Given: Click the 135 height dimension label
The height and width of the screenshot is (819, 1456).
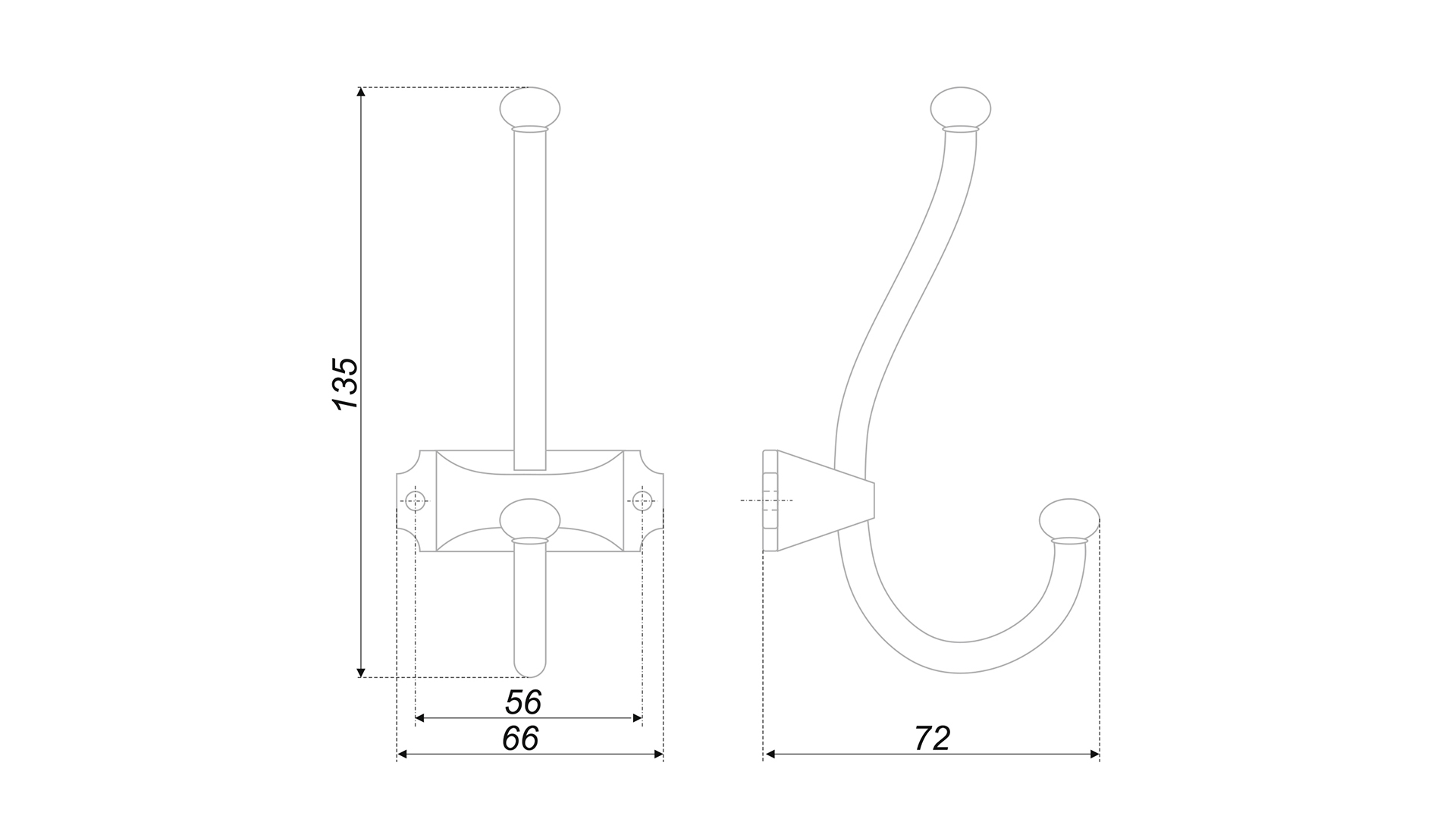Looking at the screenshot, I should click(346, 383).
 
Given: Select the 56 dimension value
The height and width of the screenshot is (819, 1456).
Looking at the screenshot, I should click(523, 703).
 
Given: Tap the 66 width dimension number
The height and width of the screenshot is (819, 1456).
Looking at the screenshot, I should click(521, 739).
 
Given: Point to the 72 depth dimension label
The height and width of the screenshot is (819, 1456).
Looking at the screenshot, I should click(932, 739).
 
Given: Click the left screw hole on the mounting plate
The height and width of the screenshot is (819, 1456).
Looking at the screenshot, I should click(415, 500).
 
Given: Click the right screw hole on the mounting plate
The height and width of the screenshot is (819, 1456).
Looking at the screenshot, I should click(642, 500).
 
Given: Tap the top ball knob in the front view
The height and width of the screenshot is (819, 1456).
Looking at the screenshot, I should click(529, 108).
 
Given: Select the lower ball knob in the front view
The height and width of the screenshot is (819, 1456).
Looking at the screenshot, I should click(529, 519).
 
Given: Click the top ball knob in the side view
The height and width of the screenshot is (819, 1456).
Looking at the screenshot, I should click(960, 108).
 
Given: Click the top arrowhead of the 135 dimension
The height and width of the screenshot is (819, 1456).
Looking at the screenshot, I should click(361, 92).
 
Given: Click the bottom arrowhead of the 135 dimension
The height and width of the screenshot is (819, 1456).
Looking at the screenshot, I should click(361, 673).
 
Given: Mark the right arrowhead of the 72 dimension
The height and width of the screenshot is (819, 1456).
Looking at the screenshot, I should click(1095, 754).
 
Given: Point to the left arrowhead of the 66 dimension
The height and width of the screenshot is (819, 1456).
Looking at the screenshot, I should click(403, 754).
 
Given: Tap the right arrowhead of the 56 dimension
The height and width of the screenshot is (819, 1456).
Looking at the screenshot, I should click(638, 717).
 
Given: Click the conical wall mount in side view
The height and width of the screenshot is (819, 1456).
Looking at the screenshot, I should click(819, 500).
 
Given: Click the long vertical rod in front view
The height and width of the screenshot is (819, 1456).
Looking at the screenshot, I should click(529, 296).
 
